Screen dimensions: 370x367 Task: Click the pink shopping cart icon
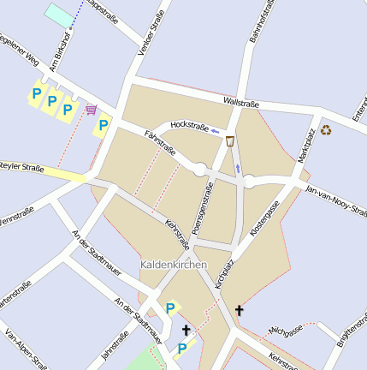(x=91, y=110)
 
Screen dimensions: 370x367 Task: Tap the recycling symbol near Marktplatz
(x=326, y=130)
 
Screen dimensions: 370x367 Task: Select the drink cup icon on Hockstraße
(x=230, y=141)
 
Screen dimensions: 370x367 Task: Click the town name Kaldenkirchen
(x=174, y=266)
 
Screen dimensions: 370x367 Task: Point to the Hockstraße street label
(x=190, y=127)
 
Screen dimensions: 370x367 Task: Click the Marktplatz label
(x=306, y=145)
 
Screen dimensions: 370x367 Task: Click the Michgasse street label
(x=286, y=331)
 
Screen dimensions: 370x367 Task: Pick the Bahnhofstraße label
(x=261, y=21)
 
